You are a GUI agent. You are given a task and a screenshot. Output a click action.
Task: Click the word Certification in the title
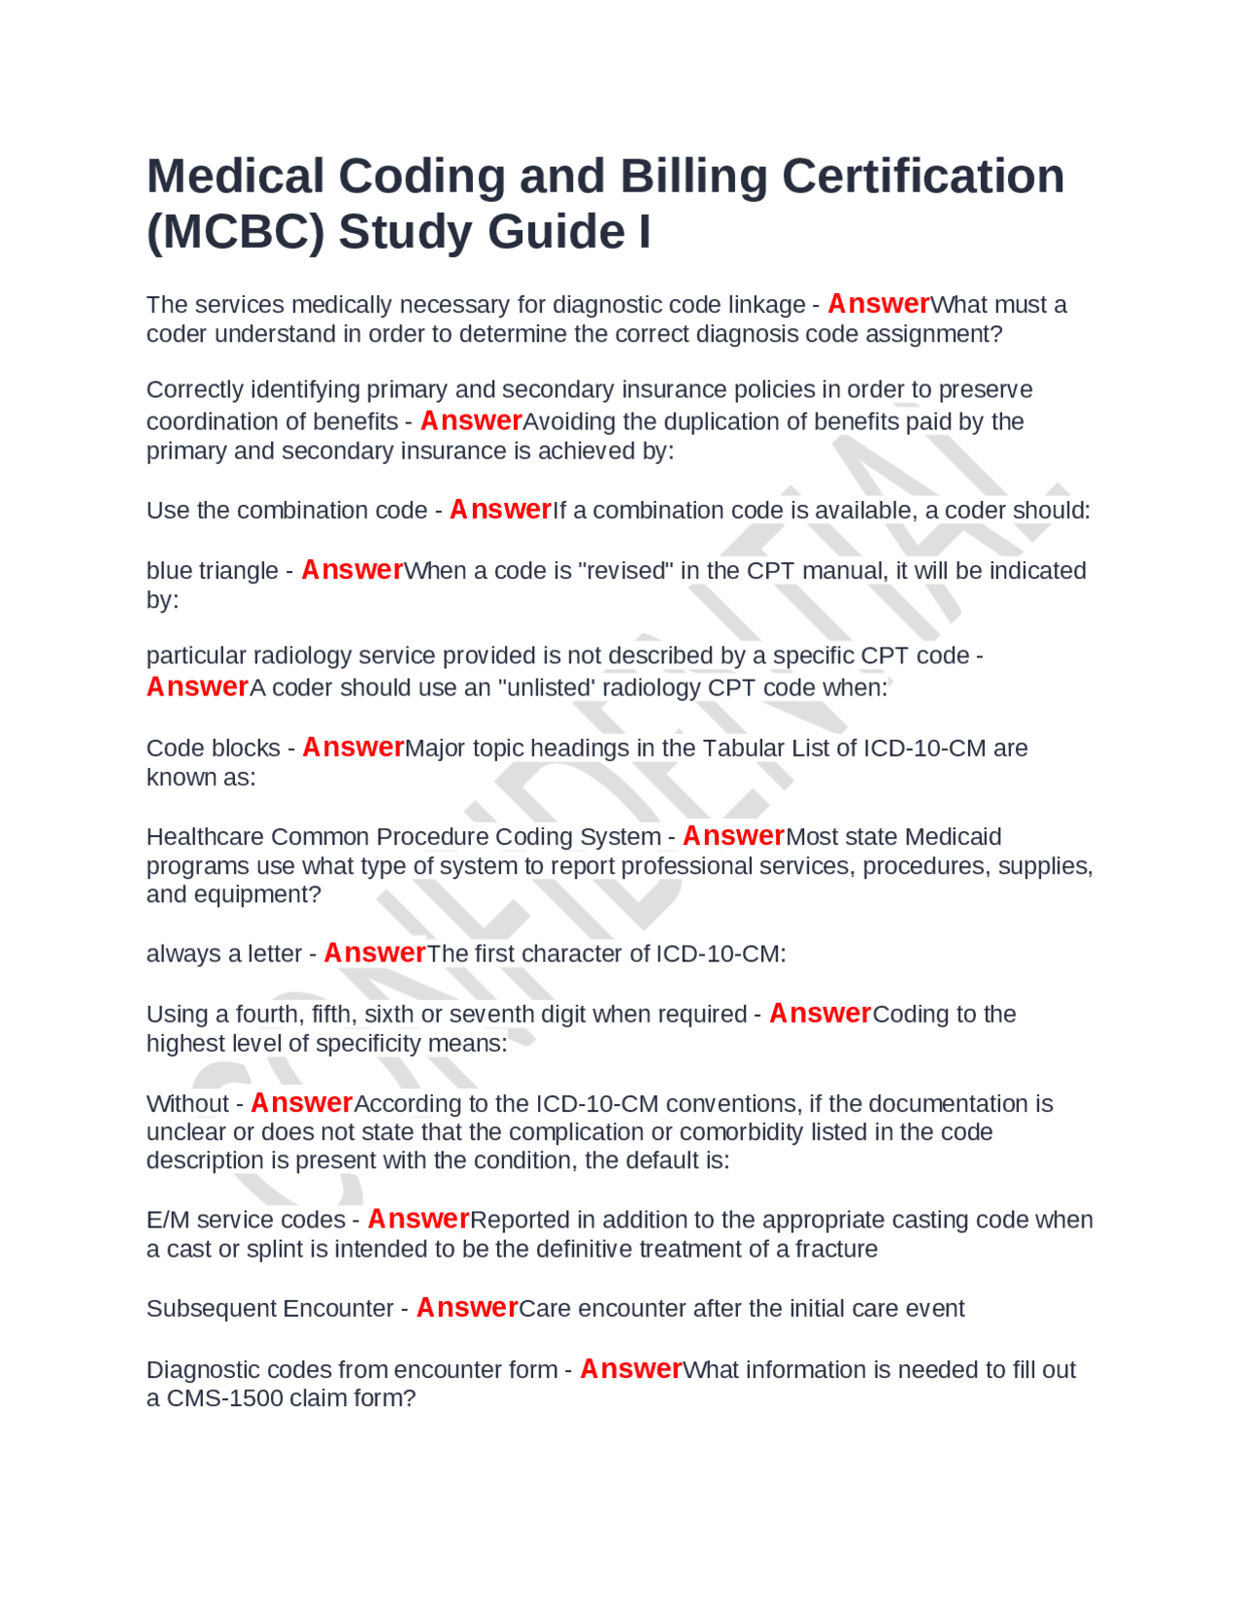pyautogui.click(x=923, y=177)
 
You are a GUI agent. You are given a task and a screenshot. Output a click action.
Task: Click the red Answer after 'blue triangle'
pyautogui.click(x=352, y=570)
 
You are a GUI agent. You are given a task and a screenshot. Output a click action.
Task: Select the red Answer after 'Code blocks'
pyautogui.click(x=353, y=748)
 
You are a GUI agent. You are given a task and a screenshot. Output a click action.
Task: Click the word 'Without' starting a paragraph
pyautogui.click(x=187, y=1104)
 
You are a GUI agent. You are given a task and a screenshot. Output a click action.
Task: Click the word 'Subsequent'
pyautogui.click(x=203, y=1309)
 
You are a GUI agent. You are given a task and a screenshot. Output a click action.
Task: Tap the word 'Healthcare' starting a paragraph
pyautogui.click(x=205, y=837)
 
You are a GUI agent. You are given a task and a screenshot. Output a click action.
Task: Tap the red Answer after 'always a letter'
pyautogui.click(x=374, y=954)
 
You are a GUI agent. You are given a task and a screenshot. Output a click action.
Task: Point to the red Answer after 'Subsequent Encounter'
pyautogui.click(x=467, y=1309)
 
